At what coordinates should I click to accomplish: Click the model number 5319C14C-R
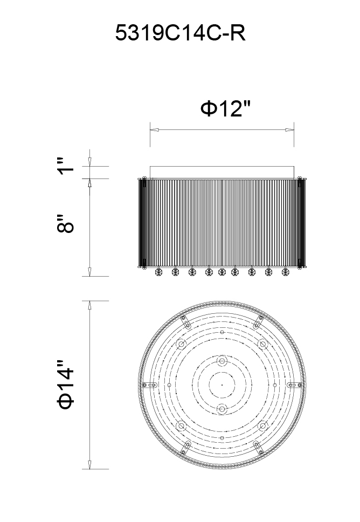point(181,33)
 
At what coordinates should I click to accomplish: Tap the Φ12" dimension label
point(225,108)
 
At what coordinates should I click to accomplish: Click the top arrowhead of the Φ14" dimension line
point(89,305)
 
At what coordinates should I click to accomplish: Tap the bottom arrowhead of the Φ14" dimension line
point(89,465)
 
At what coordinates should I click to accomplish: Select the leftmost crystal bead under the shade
point(158,272)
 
